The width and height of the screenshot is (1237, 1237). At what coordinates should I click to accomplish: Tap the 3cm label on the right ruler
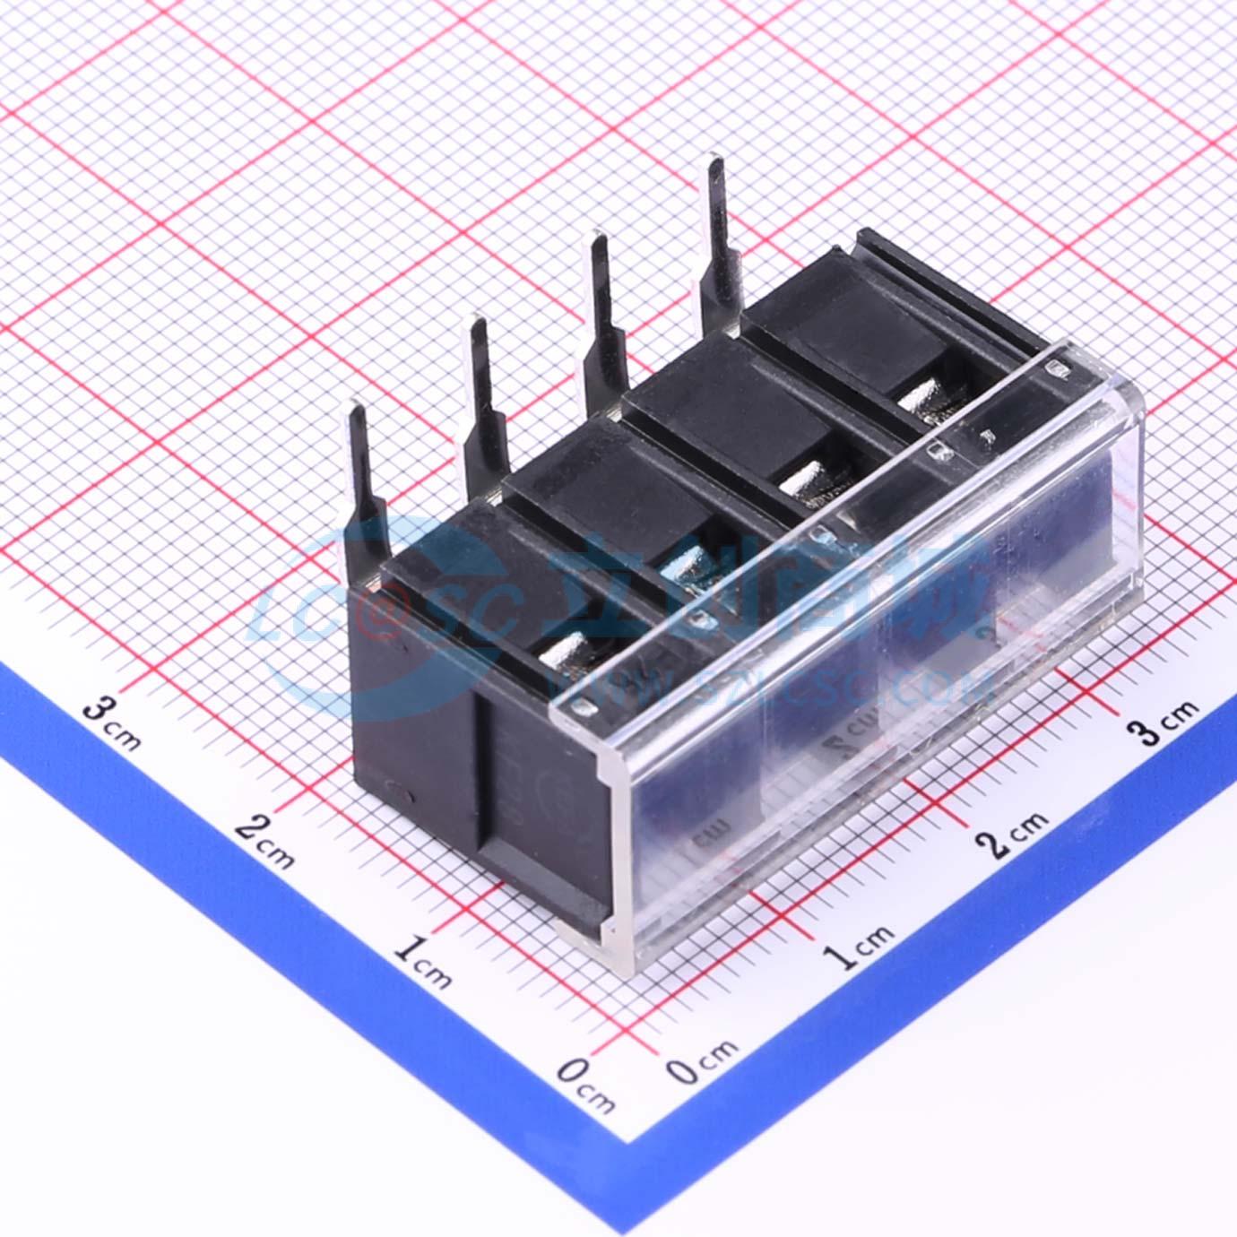pyautogui.click(x=1166, y=722)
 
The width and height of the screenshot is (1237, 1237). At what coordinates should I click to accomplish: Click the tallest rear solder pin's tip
pyautogui.click(x=715, y=166)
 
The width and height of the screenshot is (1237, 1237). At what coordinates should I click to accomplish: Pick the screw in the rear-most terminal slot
pyautogui.click(x=923, y=395)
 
